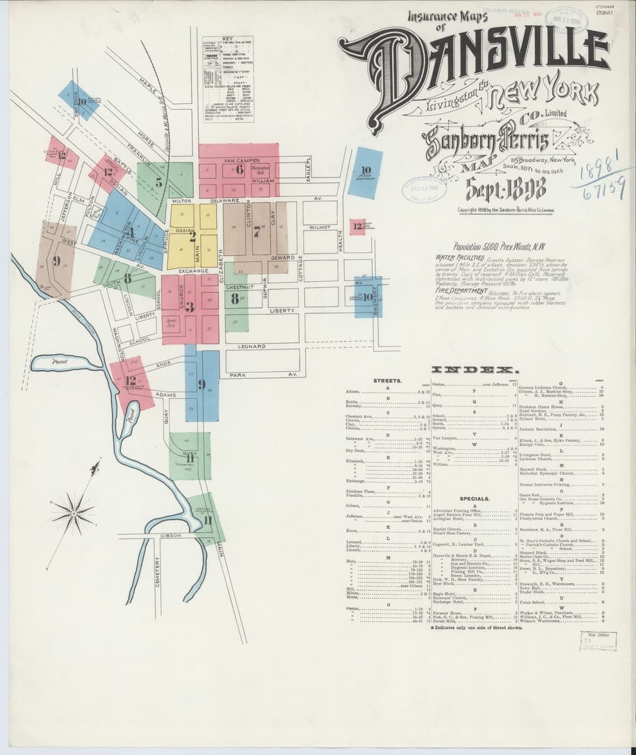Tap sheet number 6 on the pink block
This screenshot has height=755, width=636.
[240, 167]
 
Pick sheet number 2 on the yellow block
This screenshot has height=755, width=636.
[192, 237]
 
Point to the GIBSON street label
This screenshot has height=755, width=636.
[170, 535]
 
